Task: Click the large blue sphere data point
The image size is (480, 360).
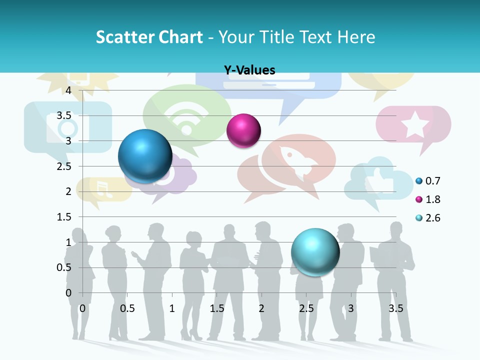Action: coord(145,156)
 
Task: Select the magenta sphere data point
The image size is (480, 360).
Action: coord(243,130)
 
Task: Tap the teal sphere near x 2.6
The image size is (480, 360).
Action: coord(315,252)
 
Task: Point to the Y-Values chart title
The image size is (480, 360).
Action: coord(249,70)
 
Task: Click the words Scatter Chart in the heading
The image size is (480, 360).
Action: coord(149,37)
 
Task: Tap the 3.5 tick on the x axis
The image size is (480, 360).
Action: coord(395,308)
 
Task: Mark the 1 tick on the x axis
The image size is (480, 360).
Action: coord(172,308)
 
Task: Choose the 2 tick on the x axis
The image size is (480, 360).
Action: coord(261,308)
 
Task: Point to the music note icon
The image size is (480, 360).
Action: coord(102,188)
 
